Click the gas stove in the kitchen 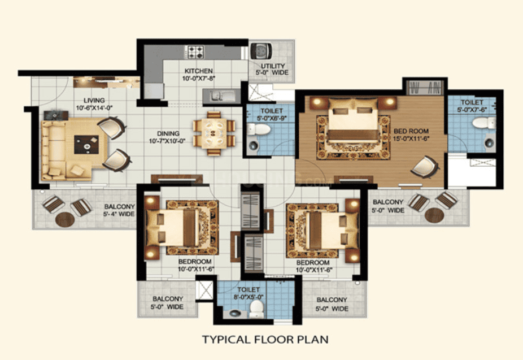point(195,52)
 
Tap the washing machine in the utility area point(261,51)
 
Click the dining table point(214,133)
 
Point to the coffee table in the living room point(86,145)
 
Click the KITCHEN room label point(198,71)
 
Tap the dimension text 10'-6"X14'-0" point(95,108)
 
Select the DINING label point(168,133)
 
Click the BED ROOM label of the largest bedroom point(411,131)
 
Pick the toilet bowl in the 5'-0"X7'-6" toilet point(485,123)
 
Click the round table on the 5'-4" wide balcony point(65,219)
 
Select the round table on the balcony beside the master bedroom point(435,215)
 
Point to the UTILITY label point(273,66)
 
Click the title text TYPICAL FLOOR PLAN point(265,340)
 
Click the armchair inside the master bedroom point(424,167)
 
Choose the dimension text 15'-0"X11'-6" point(411,139)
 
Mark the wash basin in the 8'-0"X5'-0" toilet point(236,313)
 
